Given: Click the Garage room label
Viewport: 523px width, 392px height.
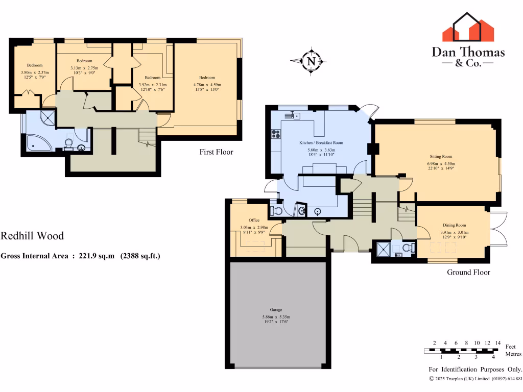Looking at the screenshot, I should click(276, 310).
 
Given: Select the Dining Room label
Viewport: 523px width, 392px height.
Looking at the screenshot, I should click(454, 225).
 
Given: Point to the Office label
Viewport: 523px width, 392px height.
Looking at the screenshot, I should click(254, 220).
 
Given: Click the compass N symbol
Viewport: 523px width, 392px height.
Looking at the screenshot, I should click(311, 62).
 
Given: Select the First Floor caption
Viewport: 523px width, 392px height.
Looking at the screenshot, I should click(217, 152).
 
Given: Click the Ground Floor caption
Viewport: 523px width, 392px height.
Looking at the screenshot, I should click(468, 272).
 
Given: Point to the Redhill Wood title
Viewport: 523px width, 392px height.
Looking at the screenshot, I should click(32, 236).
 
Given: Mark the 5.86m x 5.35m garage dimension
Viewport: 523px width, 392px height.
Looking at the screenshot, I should click(276, 317).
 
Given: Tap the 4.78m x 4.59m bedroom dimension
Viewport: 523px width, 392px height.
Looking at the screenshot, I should click(207, 85).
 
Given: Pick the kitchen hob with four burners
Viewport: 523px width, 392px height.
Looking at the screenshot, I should click(276, 134).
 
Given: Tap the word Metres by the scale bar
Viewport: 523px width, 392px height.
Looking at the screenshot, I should click(513, 354).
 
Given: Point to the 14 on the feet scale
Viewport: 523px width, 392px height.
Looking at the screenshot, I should click(498, 342).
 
